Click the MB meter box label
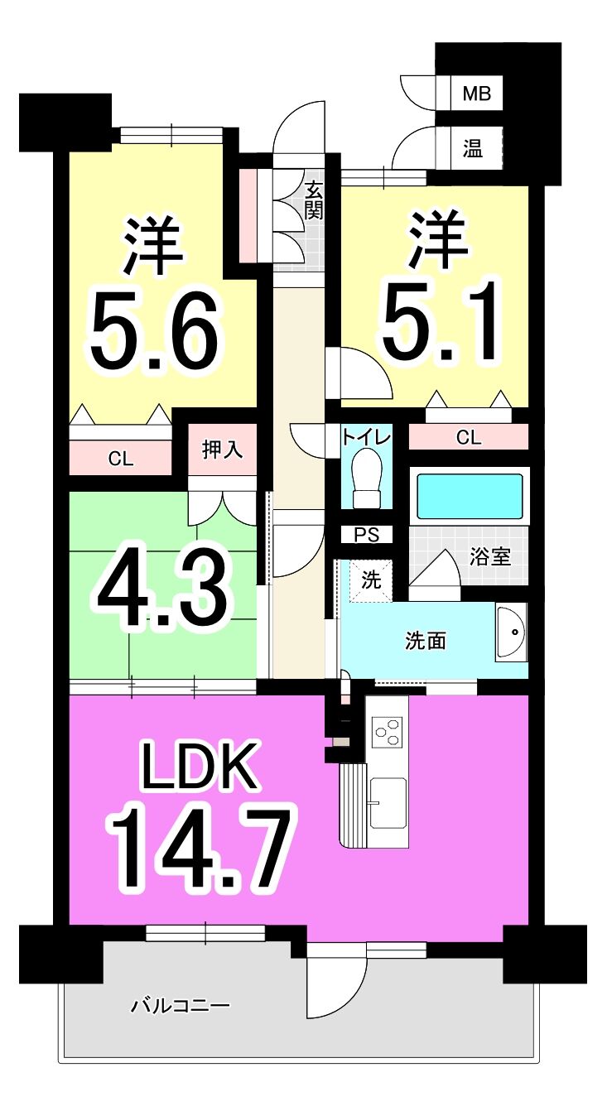coord(476,94)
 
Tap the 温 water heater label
coord(473,148)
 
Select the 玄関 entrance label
coord(314,201)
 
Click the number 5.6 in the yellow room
coord(154,329)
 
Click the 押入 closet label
coord(223,450)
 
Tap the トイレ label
coord(366,437)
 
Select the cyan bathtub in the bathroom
coord(470,496)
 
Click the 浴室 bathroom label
coord(490,556)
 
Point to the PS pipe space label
coord(367,535)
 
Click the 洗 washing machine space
coord(370,580)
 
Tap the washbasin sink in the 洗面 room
coord(511,632)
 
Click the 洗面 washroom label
coord(426,641)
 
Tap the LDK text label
coord(200,764)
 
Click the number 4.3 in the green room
coord(164,591)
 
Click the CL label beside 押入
coord(121,459)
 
